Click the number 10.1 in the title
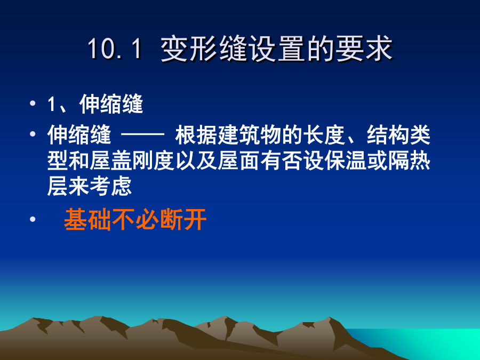coord(115,49)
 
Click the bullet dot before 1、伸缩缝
coord(33,103)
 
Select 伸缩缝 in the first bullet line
coord(111,104)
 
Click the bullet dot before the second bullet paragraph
coord(33,134)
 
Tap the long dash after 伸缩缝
coord(143,134)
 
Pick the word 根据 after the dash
coord(196,135)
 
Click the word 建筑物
coord(250,135)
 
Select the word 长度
coord(324,135)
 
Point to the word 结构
coord(388,135)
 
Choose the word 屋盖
coord(111,161)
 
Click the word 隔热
coord(410,161)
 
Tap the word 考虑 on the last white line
coord(111,186)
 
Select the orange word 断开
coord(183,219)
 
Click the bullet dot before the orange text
coord(33,219)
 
